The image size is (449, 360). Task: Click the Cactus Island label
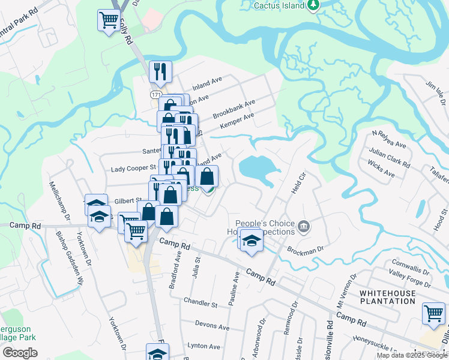[x=276, y=5]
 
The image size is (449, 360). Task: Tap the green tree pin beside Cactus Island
[x=313, y=5]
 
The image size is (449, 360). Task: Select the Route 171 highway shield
[x=156, y=95]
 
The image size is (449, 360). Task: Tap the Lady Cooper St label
[x=133, y=169]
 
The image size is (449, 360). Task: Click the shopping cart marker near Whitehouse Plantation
[x=433, y=313]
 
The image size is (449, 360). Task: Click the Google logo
[x=20, y=353]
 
